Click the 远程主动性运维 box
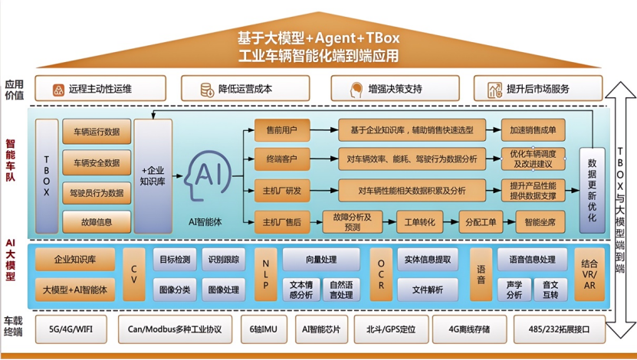[x=100, y=89]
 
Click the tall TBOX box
[x=46, y=176]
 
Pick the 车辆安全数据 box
[x=96, y=162]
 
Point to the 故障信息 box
[x=96, y=223]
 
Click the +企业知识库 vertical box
[x=153, y=176]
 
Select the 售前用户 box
[x=281, y=130]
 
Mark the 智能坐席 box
[x=540, y=222]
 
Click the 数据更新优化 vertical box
[x=592, y=190]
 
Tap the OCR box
[x=380, y=274]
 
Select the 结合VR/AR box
[x=589, y=273]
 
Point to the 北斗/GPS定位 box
[x=391, y=329]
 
